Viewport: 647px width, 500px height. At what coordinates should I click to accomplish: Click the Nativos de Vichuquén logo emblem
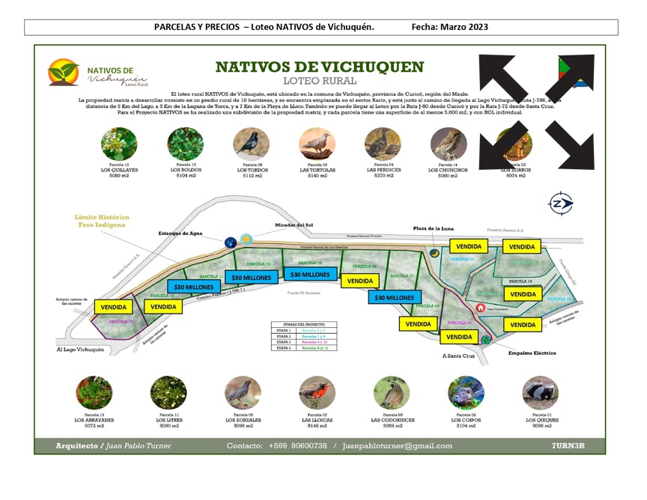(64, 72)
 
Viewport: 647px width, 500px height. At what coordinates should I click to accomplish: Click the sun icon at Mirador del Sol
(246, 239)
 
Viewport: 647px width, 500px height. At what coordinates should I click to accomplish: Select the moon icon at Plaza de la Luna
(434, 253)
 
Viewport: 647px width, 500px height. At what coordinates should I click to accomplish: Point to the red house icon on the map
(480, 308)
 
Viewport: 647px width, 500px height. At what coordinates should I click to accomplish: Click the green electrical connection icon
(487, 340)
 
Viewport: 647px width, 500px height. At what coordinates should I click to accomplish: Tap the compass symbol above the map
(560, 203)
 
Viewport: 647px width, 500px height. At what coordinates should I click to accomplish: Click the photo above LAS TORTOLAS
(317, 143)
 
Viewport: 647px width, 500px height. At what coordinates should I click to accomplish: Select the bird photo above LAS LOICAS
(317, 392)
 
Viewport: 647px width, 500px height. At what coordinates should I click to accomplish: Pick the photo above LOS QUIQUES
(540, 392)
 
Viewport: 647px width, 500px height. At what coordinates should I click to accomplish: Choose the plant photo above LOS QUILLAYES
(119, 143)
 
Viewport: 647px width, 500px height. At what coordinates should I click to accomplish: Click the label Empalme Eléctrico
(532, 353)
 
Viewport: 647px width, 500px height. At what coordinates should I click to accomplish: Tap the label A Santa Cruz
(458, 356)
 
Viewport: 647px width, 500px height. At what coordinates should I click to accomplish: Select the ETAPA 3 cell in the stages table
(284, 342)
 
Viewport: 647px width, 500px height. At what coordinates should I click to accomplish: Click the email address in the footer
(397, 446)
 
